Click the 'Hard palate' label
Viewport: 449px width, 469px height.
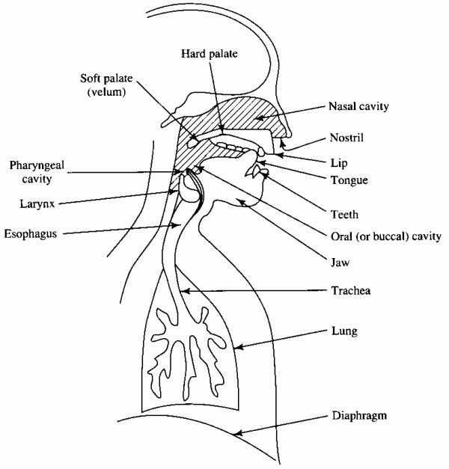210,54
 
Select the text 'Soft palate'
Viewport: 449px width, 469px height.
106,79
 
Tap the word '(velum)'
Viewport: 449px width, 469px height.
106,91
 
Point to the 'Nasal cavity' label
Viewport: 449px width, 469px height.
358,106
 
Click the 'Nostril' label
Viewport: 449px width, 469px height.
346,138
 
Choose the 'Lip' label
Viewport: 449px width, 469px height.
339,163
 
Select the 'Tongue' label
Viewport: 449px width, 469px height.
349,180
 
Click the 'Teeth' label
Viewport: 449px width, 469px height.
344,215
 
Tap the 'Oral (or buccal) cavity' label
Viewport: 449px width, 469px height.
386,236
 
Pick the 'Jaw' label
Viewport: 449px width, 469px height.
340,263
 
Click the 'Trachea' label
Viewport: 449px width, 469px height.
351,290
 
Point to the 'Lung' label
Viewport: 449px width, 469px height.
344,331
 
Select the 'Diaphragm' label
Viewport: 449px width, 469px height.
359,416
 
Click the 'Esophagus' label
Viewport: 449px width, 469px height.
31,234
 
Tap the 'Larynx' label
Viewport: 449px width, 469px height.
37,204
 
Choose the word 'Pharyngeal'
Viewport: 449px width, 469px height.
37,165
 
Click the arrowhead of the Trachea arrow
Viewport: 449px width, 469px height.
185,290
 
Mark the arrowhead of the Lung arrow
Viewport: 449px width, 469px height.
238,347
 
